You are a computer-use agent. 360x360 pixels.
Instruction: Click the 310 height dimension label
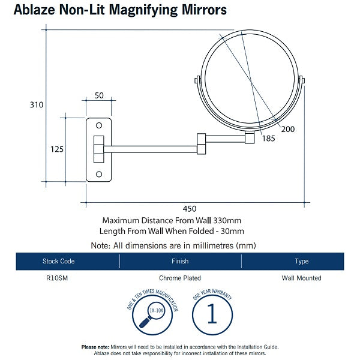37,104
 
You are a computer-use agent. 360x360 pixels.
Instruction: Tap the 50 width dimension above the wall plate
99,96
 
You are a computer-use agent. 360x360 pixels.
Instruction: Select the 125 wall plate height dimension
57,149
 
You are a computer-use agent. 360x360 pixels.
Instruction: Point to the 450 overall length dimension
189,208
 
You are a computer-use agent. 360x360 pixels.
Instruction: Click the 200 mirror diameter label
288,129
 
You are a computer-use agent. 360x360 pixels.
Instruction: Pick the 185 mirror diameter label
268,139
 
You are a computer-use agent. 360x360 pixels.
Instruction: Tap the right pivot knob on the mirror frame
302,80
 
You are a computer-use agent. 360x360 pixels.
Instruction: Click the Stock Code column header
59,261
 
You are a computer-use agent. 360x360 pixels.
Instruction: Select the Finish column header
180,261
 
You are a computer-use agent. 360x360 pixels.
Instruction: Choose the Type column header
301,261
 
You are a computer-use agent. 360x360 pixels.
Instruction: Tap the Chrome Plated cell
180,278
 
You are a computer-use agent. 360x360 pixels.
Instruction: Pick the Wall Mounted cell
301,278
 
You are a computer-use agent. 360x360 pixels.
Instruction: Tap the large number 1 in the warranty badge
211,315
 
